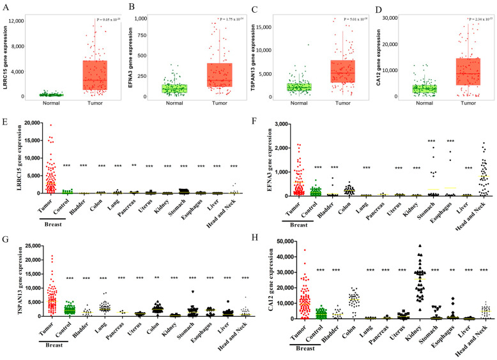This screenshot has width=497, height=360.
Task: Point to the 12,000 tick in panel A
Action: (15, 20)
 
